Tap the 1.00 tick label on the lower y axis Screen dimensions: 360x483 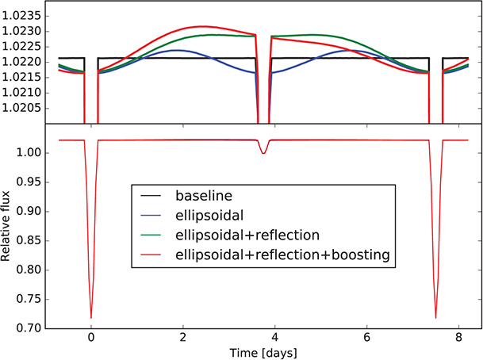(x=32, y=152)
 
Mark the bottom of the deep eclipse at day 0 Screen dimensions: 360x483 (x=91, y=318)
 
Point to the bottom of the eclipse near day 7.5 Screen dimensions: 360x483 (x=435, y=318)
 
